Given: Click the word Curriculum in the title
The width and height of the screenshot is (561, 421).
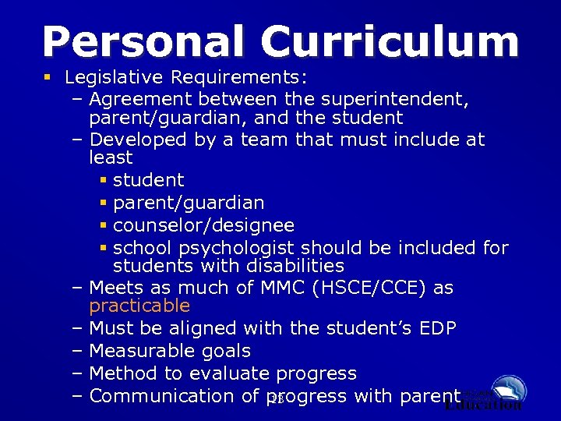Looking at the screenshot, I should (x=390, y=42).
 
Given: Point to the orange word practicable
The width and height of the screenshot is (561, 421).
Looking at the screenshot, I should (x=139, y=306).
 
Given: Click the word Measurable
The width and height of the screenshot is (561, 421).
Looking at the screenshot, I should (x=143, y=351).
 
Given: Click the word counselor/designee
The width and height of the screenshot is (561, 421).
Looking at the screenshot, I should (x=203, y=225).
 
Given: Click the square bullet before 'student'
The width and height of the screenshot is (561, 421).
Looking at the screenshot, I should (x=104, y=180).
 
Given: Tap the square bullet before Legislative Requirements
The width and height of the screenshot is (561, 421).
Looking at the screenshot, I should (x=50, y=78).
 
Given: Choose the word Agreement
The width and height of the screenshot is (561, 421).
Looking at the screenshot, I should (x=140, y=100).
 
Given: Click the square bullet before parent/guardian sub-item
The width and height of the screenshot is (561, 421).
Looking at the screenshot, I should (x=104, y=203).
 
